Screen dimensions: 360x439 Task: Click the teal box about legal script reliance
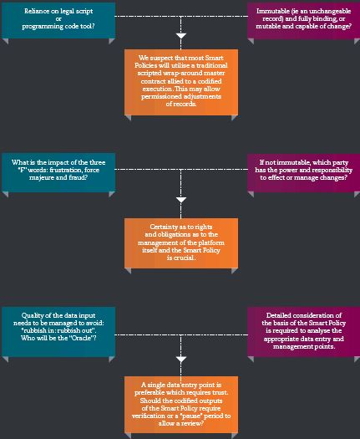point(58,20)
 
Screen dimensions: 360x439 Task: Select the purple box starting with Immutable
point(303,20)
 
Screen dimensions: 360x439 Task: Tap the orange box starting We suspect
point(181,82)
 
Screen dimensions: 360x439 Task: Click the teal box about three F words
point(58,172)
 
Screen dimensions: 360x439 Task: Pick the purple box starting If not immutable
point(303,172)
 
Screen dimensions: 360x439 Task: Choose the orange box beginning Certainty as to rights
point(181,243)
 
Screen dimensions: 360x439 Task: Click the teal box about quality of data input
point(58,331)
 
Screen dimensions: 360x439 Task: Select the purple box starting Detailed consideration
point(303,331)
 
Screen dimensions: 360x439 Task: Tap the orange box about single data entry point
point(181,405)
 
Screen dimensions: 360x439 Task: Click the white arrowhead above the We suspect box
point(181,36)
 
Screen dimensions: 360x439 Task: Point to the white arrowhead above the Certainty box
point(181,200)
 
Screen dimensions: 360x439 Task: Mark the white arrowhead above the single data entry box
point(181,360)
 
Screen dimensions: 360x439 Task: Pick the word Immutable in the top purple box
point(269,11)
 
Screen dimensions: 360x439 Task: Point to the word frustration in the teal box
point(66,170)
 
